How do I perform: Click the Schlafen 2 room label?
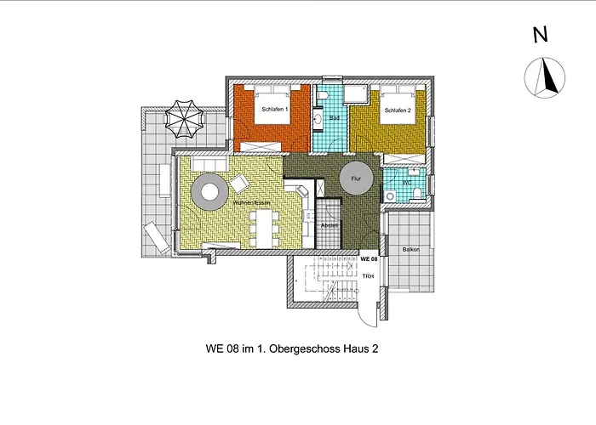pyautogui.click(x=398, y=111)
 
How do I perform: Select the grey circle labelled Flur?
pyautogui.click(x=356, y=179)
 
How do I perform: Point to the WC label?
pyautogui.click(x=407, y=182)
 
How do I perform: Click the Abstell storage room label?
pyautogui.click(x=330, y=225)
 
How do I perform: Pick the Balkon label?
pyautogui.click(x=411, y=250)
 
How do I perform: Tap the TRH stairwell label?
pyautogui.click(x=368, y=276)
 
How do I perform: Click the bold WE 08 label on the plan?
pyautogui.click(x=369, y=258)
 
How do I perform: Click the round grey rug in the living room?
pyautogui.click(x=209, y=192)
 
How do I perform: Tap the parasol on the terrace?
pyautogui.click(x=183, y=119)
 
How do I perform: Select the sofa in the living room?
pyautogui.click(x=209, y=163)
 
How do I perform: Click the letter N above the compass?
pyautogui.click(x=539, y=35)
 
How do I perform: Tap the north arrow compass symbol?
pyautogui.click(x=546, y=78)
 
